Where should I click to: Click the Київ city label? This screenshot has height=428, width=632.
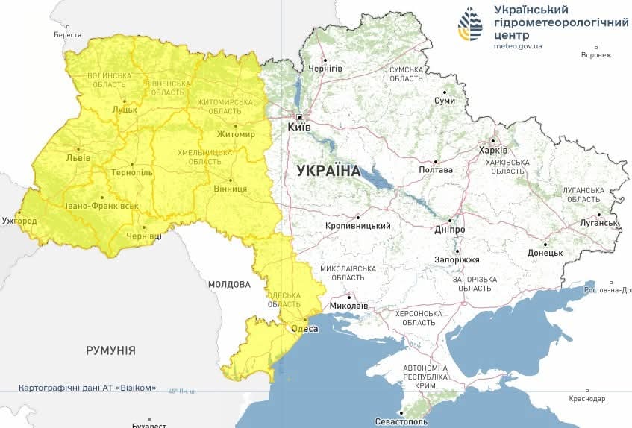(299, 128)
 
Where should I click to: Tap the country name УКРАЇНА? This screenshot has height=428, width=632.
(328, 171)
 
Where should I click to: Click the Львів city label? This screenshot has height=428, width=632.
(78, 158)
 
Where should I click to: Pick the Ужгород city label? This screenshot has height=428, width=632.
(19, 221)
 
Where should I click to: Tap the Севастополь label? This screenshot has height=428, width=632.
(403, 421)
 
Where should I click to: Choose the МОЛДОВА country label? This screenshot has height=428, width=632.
(229, 284)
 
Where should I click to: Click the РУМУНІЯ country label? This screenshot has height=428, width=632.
(110, 350)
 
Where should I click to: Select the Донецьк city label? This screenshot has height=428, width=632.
(545, 253)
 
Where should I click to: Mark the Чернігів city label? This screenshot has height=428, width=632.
(325, 69)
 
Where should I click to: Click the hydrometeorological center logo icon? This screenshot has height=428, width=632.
(470, 25)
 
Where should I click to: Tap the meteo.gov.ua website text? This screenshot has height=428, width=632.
(518, 46)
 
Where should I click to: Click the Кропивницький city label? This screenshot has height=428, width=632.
(359, 226)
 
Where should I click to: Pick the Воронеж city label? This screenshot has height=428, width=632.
(596, 55)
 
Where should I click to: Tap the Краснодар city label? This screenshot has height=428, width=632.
(587, 399)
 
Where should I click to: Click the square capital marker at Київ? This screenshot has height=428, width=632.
(299, 117)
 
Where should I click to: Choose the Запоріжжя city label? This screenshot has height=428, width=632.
(457, 259)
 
